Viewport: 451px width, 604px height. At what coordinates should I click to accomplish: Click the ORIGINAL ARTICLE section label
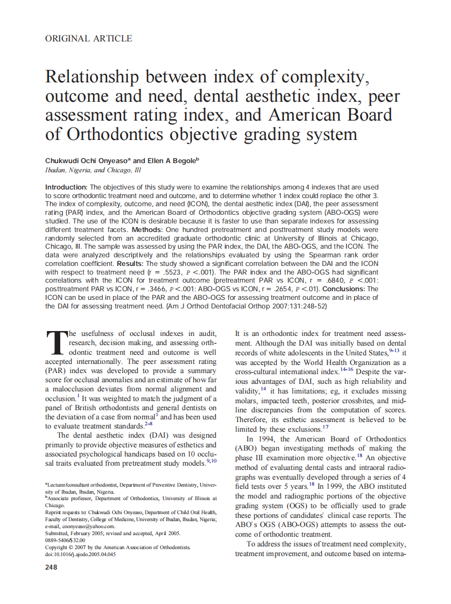[89, 38]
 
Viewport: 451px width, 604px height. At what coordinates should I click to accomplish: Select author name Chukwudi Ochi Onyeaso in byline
[87, 160]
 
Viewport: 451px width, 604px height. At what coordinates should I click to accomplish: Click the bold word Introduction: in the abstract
[66, 187]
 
